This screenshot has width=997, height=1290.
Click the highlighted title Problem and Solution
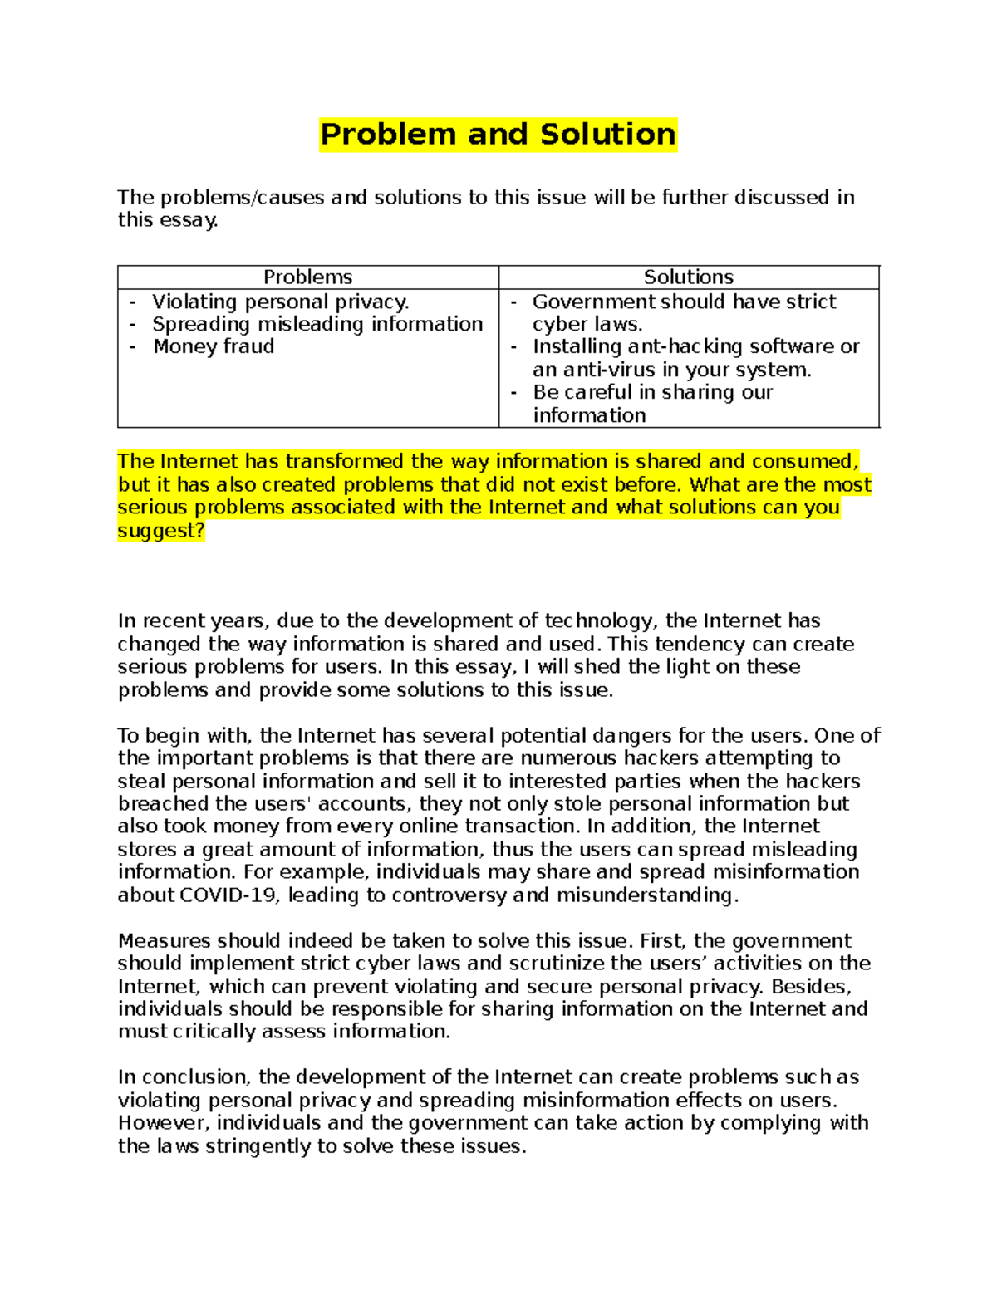pos(498,135)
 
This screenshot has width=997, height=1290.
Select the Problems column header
pos(307,277)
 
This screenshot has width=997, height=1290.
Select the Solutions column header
pos(688,277)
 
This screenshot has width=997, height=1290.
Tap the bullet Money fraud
pos(213,346)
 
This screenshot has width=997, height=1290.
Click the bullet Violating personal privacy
pos(280,302)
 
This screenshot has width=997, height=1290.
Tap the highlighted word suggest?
pos(160,530)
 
